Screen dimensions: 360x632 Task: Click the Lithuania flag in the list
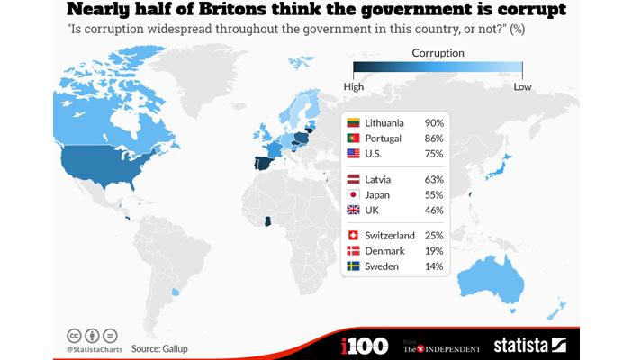click(x=354, y=123)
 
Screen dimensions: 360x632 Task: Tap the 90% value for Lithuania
click(x=434, y=123)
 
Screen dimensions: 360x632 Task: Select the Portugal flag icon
click(x=354, y=139)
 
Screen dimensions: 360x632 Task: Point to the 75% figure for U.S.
click(x=434, y=154)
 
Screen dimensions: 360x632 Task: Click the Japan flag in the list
click(x=354, y=194)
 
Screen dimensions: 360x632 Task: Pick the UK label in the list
click(x=373, y=210)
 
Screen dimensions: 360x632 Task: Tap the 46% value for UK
click(x=434, y=210)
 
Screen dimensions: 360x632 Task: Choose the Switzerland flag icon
click(x=354, y=236)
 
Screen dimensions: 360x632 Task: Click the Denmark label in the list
click(x=384, y=251)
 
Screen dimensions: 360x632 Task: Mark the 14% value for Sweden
click(x=434, y=266)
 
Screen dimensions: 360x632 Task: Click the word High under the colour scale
click(x=354, y=86)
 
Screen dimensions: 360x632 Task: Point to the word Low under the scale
click(x=522, y=86)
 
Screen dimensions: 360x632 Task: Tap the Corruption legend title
click(x=438, y=53)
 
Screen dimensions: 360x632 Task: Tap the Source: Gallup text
click(x=166, y=347)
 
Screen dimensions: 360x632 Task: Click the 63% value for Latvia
click(x=434, y=179)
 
